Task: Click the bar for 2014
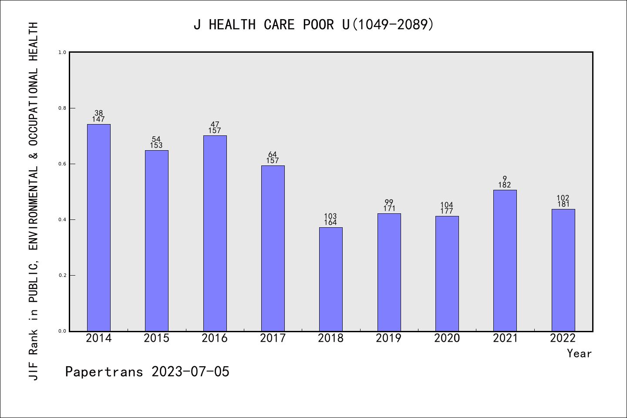(99, 228)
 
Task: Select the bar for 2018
(331, 279)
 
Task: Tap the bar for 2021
(505, 260)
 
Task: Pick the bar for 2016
(215, 233)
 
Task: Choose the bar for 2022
(563, 270)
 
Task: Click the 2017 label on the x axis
(273, 338)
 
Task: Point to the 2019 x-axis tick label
(389, 338)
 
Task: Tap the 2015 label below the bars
(157, 338)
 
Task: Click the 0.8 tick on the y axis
(63, 108)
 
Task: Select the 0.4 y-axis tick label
(63, 219)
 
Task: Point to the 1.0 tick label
(63, 52)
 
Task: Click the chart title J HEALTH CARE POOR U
(313, 25)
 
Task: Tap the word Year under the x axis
(579, 354)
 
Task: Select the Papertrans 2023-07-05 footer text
(147, 372)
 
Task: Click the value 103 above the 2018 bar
(330, 216)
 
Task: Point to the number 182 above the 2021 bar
(505, 185)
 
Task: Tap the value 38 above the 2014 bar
(99, 113)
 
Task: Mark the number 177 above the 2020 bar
(447, 211)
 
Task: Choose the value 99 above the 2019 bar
(389, 202)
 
